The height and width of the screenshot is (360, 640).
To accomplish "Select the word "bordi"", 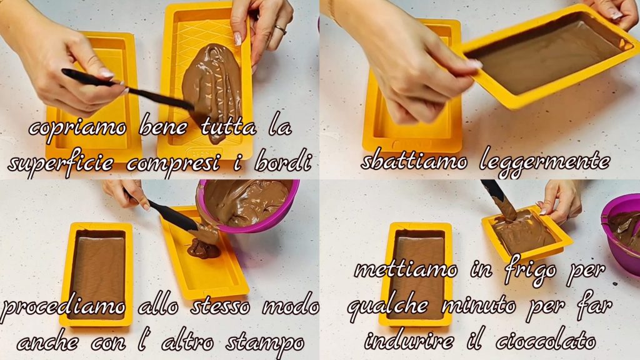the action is (x=283, y=162).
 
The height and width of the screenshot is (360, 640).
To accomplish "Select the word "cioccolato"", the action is (x=546, y=339).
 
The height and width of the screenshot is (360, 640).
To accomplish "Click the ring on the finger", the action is (x=281, y=29).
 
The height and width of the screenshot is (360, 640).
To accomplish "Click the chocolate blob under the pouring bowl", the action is (x=204, y=247).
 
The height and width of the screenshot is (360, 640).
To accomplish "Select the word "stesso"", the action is (x=221, y=306).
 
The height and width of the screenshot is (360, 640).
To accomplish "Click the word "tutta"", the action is (x=229, y=127).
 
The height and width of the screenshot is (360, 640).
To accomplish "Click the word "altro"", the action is (x=187, y=341).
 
